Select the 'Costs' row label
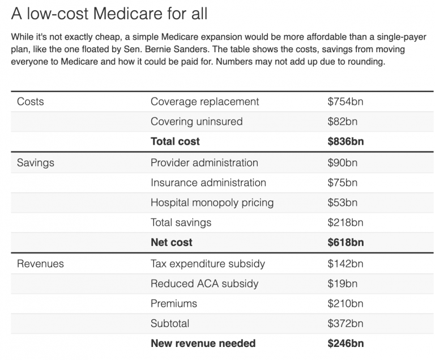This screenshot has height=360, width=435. point(31,101)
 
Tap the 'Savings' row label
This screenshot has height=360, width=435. point(36,163)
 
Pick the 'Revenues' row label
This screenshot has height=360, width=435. point(40,264)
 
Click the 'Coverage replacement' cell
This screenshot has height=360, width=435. point(204,101)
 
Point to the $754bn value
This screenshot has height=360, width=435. point(345,101)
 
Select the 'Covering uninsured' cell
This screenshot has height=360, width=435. point(196,121)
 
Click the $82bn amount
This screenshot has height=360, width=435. point(342,121)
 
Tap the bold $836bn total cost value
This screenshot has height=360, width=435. point(346,142)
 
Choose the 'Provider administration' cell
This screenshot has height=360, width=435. point(204,163)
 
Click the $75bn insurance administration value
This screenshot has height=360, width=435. point(342,183)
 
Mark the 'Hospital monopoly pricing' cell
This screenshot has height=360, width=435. point(212,202)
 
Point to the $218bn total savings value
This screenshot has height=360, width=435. point(345,223)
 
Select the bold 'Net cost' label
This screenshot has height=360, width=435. point(171,243)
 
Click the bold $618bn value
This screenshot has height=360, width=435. point(346,243)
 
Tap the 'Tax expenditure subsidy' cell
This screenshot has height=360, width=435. point(207,264)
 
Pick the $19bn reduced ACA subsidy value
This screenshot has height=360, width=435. point(342,283)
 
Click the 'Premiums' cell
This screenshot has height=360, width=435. point(174,303)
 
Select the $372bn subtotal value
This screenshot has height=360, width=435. point(345,324)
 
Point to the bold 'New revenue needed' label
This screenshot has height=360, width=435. point(203,344)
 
